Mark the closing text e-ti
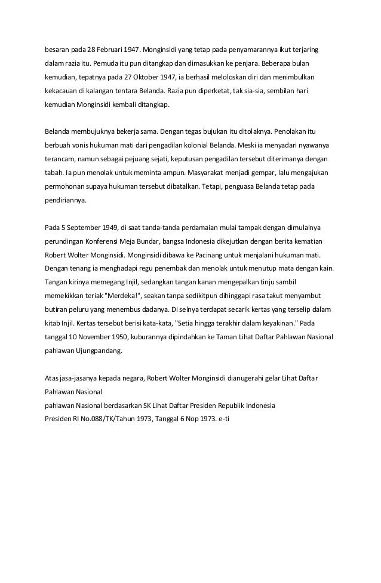point(225,418)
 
